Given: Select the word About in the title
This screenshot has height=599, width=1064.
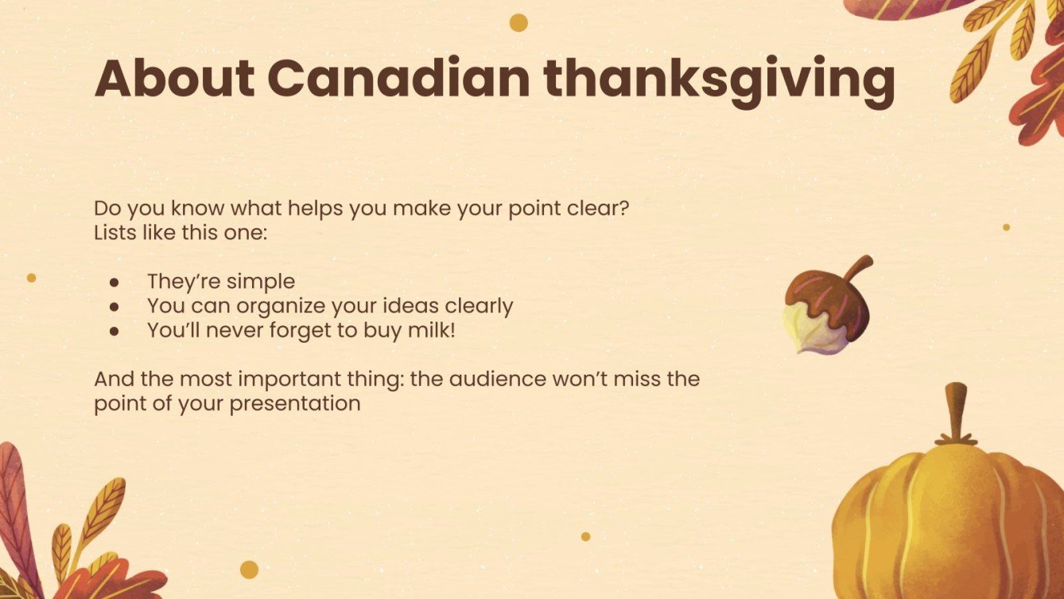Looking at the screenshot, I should click(x=174, y=78).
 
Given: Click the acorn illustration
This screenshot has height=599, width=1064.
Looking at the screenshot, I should click(x=824, y=310).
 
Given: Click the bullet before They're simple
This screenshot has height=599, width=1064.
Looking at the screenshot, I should click(x=115, y=282).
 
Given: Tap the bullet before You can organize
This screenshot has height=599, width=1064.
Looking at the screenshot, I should click(x=115, y=306).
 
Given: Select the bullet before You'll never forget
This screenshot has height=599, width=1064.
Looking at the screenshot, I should click(x=115, y=331).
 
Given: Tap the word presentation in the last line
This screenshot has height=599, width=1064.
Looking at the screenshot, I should click(x=295, y=403).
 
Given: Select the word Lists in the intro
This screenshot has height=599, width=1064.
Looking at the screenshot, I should click(x=113, y=235).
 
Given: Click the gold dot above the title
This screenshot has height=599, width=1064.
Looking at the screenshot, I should click(x=518, y=22).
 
